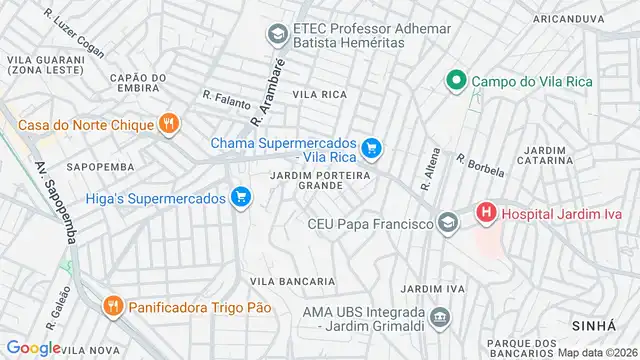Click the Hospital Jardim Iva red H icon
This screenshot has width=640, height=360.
tap(486, 212)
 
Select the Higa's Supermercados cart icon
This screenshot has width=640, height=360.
tap(240, 197)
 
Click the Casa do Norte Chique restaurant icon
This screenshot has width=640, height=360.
tap(169, 124)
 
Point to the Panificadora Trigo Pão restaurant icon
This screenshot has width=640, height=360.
tap(115, 305)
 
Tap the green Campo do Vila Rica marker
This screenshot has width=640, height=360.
tap(456, 80)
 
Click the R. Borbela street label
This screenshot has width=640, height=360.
tap(480, 165)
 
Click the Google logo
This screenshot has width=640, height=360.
tap(33, 348)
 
